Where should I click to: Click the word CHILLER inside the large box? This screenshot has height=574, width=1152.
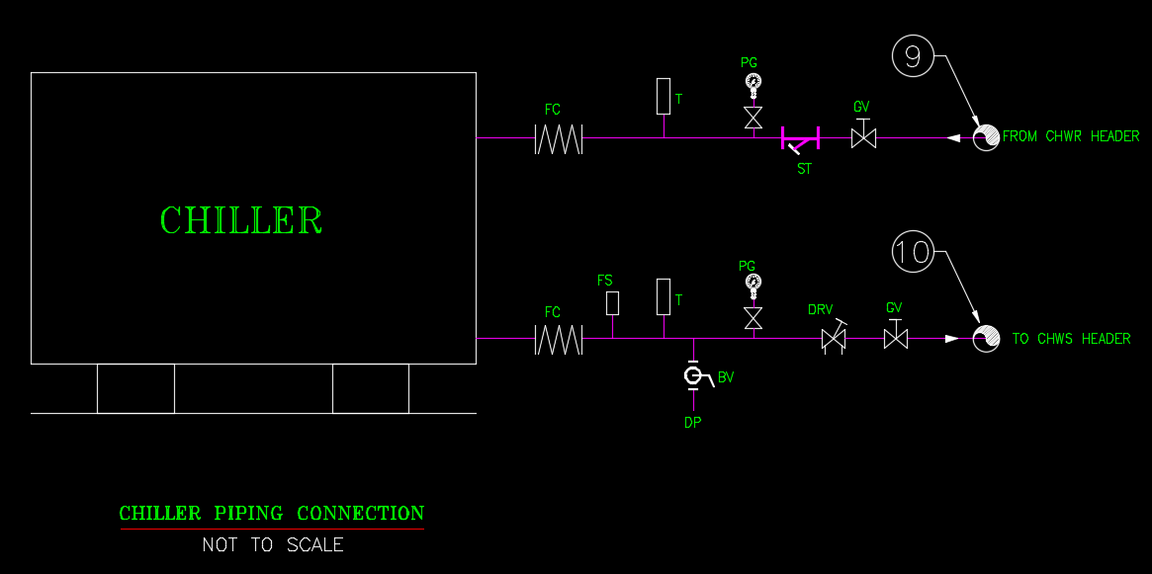(x=241, y=220)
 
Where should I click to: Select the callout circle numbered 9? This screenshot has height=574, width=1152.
(x=913, y=56)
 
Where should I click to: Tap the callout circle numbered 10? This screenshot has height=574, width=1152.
(x=913, y=252)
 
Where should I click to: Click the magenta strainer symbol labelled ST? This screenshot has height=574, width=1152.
(x=800, y=140)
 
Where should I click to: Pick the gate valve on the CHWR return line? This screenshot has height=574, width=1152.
(x=863, y=137)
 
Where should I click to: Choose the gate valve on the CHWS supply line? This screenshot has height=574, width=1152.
(x=895, y=339)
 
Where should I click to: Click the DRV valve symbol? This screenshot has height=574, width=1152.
(x=834, y=340)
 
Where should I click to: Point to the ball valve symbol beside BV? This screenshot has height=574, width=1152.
(x=693, y=376)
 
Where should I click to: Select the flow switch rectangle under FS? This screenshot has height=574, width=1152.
(x=612, y=302)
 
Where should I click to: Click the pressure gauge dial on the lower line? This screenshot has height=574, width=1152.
(x=753, y=283)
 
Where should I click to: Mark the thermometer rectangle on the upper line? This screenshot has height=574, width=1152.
(x=664, y=96)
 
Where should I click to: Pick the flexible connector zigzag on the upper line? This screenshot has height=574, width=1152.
(x=559, y=138)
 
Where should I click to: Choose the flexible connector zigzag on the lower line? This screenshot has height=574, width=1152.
(x=559, y=340)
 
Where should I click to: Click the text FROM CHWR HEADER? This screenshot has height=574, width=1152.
(x=1071, y=136)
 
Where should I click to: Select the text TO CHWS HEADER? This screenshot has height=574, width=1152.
(x=1071, y=339)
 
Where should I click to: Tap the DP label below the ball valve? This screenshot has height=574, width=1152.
(x=693, y=422)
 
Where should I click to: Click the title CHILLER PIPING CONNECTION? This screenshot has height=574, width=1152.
(x=272, y=514)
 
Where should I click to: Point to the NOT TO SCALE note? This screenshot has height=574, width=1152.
(x=273, y=544)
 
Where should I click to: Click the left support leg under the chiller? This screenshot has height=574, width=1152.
(x=135, y=388)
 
